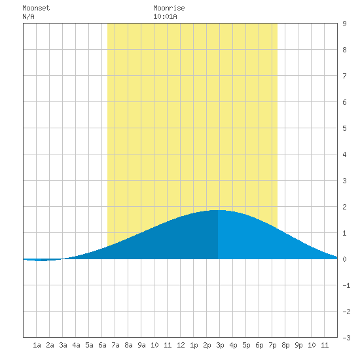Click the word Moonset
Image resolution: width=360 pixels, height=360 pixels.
click(x=36, y=8)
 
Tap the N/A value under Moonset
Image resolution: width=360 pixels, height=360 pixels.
click(x=28, y=16)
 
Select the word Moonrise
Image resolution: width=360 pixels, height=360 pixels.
click(x=169, y=8)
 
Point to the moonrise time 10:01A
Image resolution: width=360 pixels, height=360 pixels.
click(x=165, y=16)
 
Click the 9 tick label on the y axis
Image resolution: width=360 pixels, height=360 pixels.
click(x=344, y=24)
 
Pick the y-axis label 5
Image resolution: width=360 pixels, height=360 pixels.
click(x=344, y=128)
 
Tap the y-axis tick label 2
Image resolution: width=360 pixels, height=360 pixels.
click(x=344, y=207)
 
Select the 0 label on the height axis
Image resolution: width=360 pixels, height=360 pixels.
click(x=344, y=259)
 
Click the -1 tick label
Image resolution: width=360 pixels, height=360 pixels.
click(x=346, y=285)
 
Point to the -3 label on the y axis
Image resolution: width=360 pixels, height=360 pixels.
click(x=346, y=338)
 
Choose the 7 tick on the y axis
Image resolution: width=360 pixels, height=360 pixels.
click(x=344, y=76)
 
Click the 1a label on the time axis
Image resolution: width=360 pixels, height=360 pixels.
click(x=37, y=345)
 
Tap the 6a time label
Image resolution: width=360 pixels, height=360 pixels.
click(x=102, y=345)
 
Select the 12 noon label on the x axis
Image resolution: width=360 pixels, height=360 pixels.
click(x=181, y=345)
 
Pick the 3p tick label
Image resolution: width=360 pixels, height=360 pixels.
click(x=220, y=345)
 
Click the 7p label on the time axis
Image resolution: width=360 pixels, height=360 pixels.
click(x=272, y=345)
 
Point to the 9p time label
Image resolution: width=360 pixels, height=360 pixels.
click(x=298, y=345)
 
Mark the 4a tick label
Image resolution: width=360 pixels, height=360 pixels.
click(x=76, y=345)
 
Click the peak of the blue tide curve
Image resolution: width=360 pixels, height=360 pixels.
click(x=218, y=210)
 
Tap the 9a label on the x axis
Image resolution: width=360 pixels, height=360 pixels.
click(x=141, y=345)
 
